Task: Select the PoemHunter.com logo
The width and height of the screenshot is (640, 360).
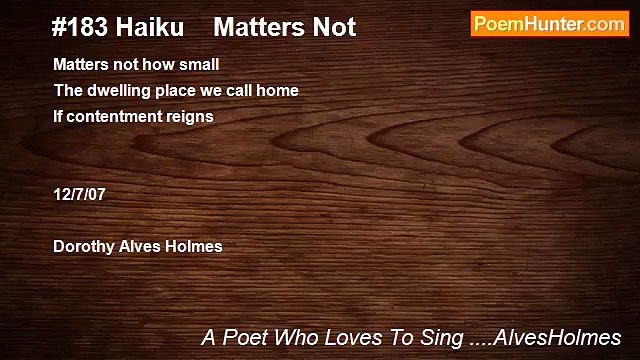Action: point(549,25)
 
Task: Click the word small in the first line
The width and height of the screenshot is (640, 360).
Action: point(199,65)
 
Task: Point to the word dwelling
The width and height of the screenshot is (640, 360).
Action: point(115,90)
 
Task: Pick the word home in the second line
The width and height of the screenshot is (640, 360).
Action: point(280,90)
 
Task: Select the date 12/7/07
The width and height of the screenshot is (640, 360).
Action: point(79,194)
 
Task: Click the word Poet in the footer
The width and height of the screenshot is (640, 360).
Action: point(245,338)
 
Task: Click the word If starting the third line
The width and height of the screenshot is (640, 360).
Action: point(58,116)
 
